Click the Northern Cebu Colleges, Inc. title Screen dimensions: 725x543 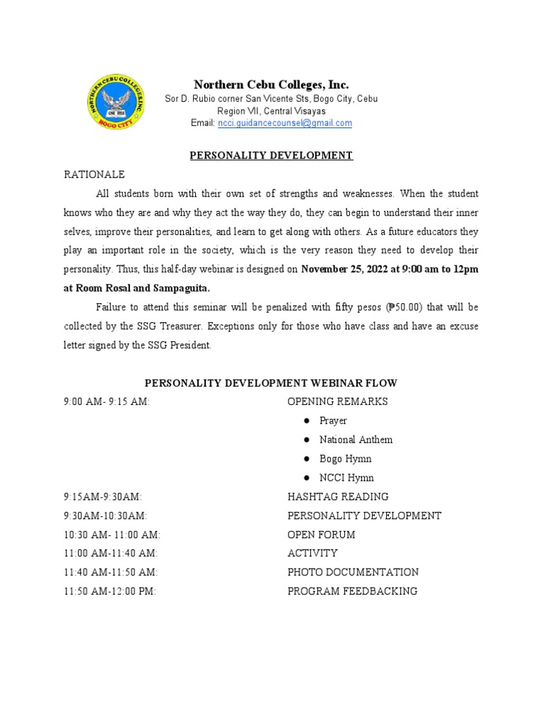(271, 84)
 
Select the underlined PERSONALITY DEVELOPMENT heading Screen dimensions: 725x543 (271, 155)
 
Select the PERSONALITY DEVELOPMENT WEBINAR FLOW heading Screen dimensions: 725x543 (271, 383)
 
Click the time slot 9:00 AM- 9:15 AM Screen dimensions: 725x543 (107, 402)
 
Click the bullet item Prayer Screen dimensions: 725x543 (333, 421)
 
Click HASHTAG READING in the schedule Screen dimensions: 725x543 (337, 496)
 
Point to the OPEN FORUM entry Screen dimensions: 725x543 (321, 535)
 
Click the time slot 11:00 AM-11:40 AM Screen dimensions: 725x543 (111, 553)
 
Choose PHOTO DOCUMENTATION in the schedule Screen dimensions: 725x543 (353, 572)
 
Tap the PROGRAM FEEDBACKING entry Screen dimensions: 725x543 (352, 591)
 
